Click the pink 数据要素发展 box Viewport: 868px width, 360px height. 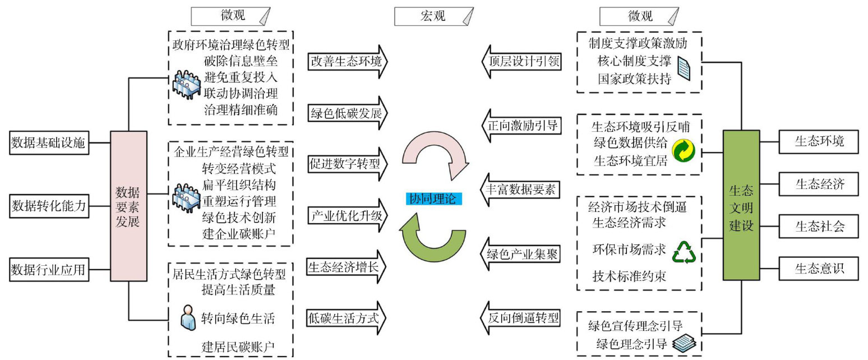coord(128,206)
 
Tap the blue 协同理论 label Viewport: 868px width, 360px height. coord(433,198)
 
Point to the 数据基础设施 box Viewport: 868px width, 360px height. coord(48,143)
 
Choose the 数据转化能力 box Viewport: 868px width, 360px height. coord(48,206)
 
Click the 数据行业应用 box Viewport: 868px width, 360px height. coord(48,270)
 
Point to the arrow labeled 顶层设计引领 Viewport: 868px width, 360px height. coord(520,61)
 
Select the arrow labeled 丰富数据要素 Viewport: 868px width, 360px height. coord(520,190)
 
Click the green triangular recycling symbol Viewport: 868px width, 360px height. coord(684,253)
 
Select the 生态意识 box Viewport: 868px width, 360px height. coord(819,269)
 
